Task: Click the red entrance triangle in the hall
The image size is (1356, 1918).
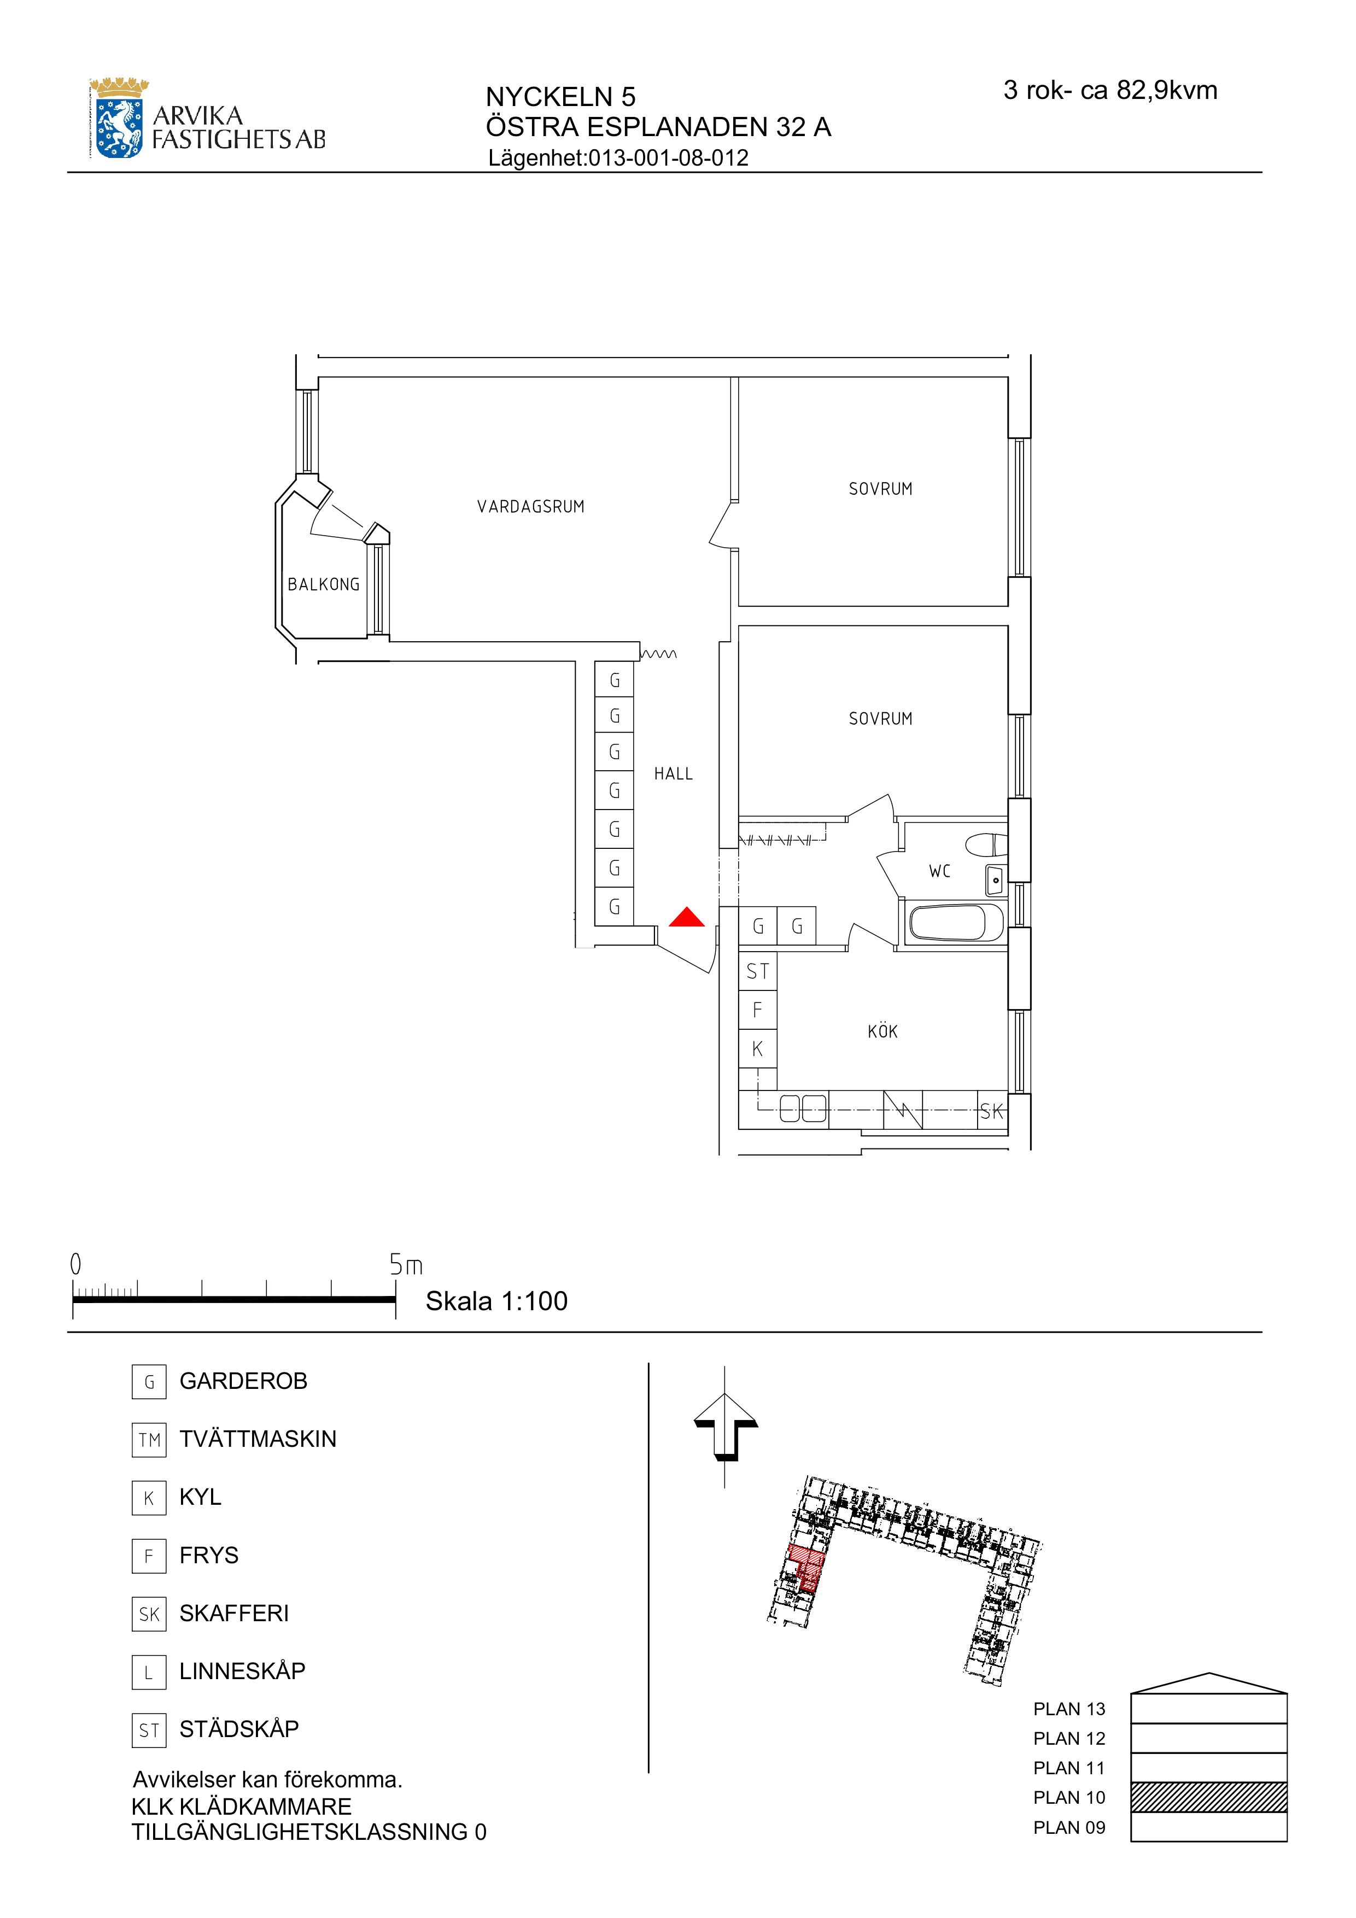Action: pos(687,918)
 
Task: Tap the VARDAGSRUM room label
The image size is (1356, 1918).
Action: pos(530,506)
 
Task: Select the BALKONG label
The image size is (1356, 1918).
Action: pos(323,584)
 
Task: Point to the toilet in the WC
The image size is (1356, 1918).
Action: pos(986,846)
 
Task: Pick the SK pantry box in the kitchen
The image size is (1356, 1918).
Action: pos(992,1112)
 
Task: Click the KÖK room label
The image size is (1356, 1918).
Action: pos(882,1031)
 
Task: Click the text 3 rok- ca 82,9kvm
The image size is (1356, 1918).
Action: pos(1109,90)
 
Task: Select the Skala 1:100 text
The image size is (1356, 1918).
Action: pos(496,1301)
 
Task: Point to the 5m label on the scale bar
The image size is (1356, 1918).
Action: pos(406,1265)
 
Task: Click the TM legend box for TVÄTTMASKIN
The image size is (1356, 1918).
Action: pos(149,1439)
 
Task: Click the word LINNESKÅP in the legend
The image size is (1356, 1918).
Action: pos(242,1671)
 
